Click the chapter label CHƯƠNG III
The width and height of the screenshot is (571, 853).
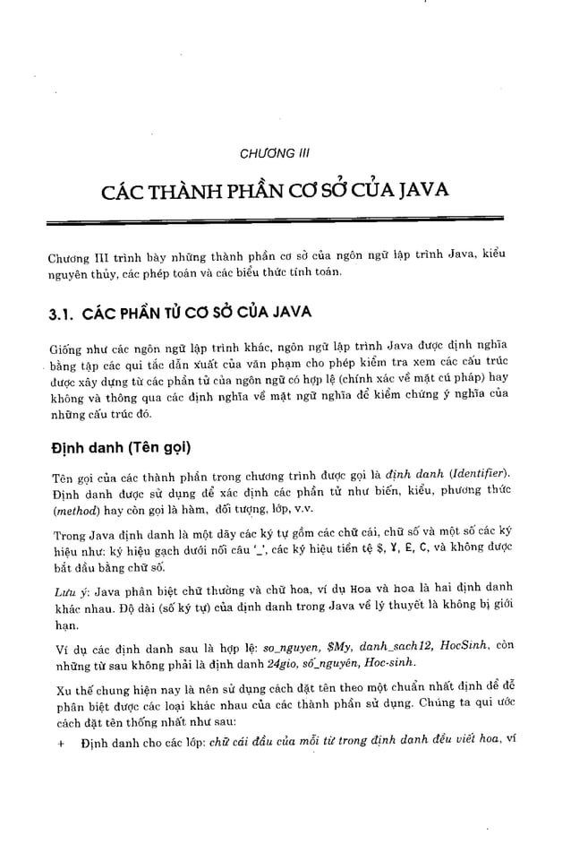point(275,154)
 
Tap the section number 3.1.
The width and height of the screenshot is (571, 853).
point(62,316)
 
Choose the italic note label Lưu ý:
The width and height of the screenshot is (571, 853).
point(65,588)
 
